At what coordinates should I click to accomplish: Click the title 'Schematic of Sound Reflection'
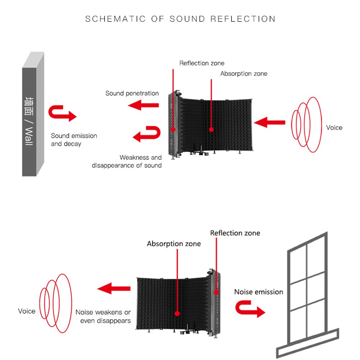[x=180, y=19]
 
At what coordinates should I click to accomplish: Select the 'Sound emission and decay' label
[x=74, y=140]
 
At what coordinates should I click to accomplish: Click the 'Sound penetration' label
[x=132, y=93]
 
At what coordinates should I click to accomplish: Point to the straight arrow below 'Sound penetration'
[x=144, y=105]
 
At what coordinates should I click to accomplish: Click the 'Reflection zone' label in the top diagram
[x=202, y=63]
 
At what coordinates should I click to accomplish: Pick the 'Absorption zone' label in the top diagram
[x=244, y=73]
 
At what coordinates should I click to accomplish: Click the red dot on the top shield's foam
[x=211, y=129]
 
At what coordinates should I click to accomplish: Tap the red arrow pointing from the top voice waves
[x=269, y=122]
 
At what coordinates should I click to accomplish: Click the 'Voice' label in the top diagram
[x=334, y=127]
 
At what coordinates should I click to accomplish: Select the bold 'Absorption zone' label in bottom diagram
[x=174, y=244]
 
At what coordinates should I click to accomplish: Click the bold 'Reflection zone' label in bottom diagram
[x=235, y=233]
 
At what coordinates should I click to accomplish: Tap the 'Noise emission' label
[x=258, y=292]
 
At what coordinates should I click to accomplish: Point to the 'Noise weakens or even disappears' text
[x=103, y=316]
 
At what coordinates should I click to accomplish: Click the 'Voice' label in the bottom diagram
[x=27, y=311]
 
